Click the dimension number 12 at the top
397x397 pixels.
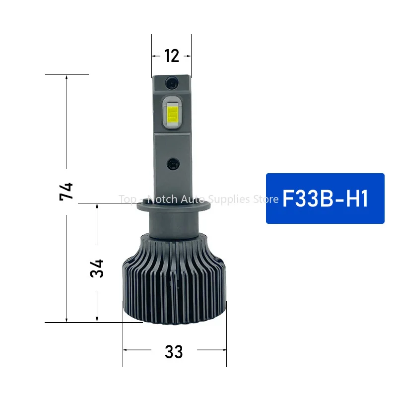tap(171, 56)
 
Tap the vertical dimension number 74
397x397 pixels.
tap(66, 191)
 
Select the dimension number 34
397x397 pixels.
tap(97, 268)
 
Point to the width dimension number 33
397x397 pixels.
tap(174, 352)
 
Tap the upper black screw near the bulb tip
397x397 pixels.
tap(172, 81)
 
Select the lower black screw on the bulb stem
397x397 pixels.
tap(172, 162)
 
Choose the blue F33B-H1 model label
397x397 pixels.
tap(325, 198)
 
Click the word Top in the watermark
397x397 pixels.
tap(127, 199)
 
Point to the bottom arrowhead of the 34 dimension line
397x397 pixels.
tap(97, 320)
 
